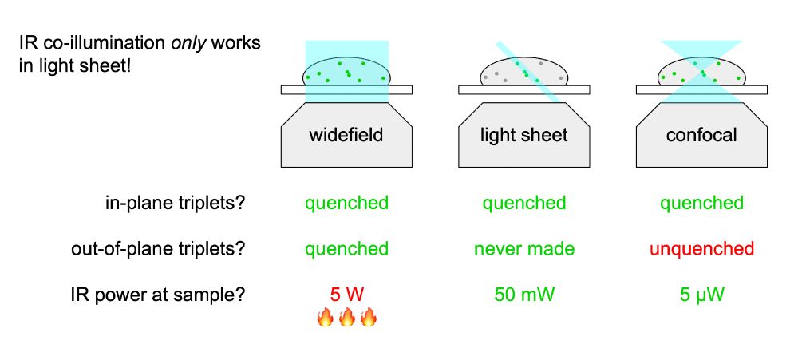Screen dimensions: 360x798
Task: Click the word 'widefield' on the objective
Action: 346,135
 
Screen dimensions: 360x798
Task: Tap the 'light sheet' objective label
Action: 523,135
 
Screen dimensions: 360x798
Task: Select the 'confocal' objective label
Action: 701,135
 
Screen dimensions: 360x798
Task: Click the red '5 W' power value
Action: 346,295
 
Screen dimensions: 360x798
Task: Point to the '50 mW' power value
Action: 523,295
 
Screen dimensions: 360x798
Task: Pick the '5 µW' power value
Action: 701,295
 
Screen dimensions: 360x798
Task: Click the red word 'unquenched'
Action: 701,249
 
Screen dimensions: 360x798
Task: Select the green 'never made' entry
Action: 523,249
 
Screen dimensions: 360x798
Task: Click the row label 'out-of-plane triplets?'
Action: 158,249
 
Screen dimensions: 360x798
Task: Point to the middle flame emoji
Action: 346,318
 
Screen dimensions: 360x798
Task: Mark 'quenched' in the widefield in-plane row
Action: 346,203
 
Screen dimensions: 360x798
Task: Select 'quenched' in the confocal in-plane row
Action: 701,203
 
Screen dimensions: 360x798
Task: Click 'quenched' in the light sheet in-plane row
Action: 523,203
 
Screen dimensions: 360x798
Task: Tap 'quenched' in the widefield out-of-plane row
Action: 346,249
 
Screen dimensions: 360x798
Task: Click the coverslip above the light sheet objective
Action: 479,89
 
